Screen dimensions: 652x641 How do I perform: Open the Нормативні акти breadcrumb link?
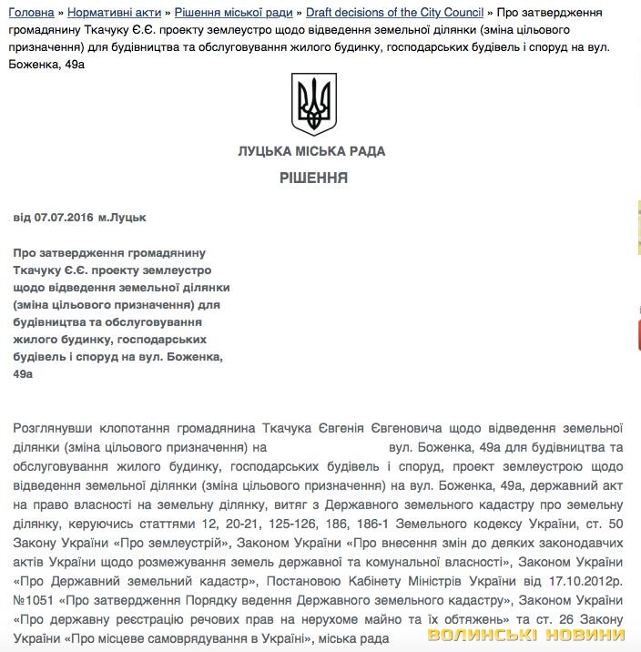pyautogui.click(x=114, y=12)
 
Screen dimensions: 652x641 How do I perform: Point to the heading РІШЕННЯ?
pyautogui.click(x=314, y=178)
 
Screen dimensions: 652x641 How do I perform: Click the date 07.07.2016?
pyautogui.click(x=61, y=219)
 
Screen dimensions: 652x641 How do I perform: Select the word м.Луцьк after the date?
pyautogui.click(x=122, y=219)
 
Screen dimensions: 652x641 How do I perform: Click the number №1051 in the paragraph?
pyautogui.click(x=36, y=601)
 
